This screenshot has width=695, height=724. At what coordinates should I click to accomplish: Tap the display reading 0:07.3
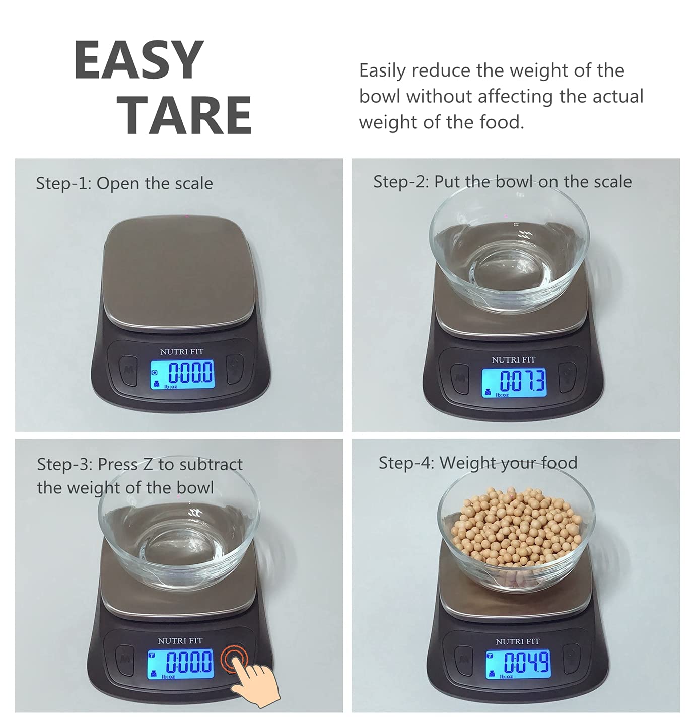click(x=514, y=383)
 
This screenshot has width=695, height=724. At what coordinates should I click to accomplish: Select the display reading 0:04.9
click(x=518, y=664)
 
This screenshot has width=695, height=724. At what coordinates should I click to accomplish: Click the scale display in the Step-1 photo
click(x=182, y=375)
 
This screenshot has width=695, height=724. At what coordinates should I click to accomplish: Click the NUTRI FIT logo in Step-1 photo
click(x=182, y=351)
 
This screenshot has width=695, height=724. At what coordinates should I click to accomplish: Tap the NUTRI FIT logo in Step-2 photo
click(x=513, y=359)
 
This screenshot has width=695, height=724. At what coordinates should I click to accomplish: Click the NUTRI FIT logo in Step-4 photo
click(x=517, y=641)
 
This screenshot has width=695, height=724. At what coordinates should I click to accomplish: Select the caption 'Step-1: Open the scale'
click(x=124, y=183)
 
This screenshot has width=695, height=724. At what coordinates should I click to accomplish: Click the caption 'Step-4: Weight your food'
click(x=478, y=463)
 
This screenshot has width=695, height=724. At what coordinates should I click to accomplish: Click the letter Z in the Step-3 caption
click(x=147, y=464)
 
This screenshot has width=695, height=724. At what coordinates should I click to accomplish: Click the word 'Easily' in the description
click(x=382, y=70)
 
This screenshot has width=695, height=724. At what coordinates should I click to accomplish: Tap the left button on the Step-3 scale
click(x=125, y=659)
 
